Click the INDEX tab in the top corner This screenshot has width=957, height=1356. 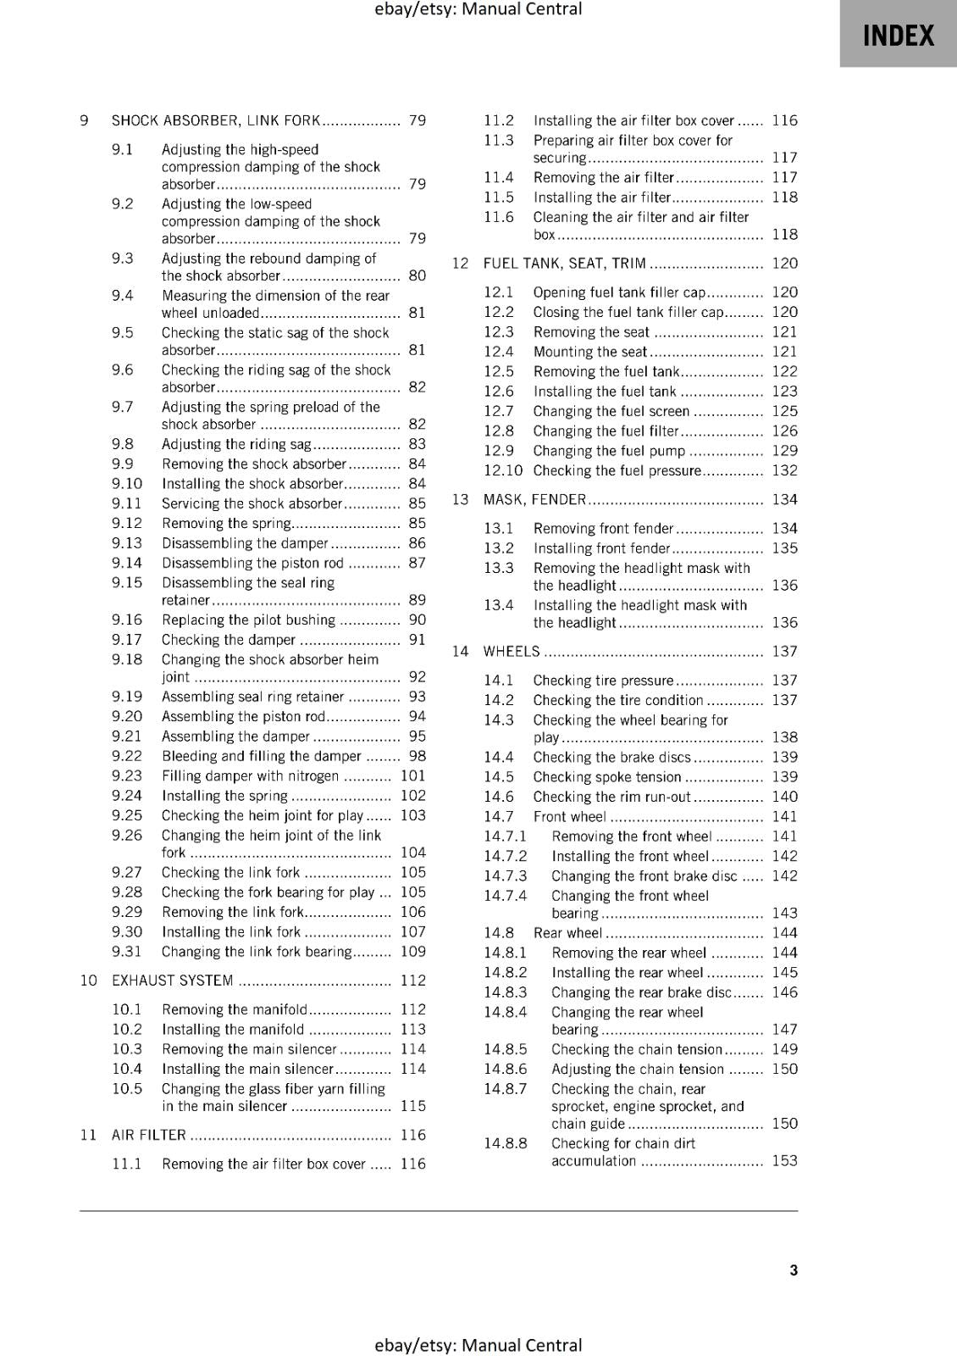click(x=898, y=36)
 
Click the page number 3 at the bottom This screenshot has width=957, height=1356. click(x=794, y=1270)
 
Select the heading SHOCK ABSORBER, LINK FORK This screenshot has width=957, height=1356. click(x=216, y=120)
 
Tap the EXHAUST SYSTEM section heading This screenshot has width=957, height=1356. click(x=173, y=981)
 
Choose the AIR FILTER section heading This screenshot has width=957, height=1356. click(x=149, y=1135)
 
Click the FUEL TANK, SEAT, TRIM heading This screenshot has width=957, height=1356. click(x=564, y=264)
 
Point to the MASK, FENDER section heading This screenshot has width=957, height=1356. click(x=534, y=500)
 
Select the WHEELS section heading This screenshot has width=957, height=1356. click(x=512, y=652)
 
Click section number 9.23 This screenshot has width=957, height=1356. click(x=127, y=775)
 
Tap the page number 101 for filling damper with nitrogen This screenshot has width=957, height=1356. click(x=413, y=775)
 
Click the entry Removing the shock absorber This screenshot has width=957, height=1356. click(x=254, y=464)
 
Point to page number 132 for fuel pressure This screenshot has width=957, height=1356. click(x=784, y=470)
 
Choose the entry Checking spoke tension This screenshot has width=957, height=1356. click(x=607, y=777)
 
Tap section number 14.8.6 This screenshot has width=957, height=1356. click(x=506, y=1070)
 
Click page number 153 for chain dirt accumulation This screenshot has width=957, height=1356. click(x=784, y=1161)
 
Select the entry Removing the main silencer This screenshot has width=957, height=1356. click(x=249, y=1049)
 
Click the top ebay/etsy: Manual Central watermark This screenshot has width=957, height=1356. click(x=478, y=9)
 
